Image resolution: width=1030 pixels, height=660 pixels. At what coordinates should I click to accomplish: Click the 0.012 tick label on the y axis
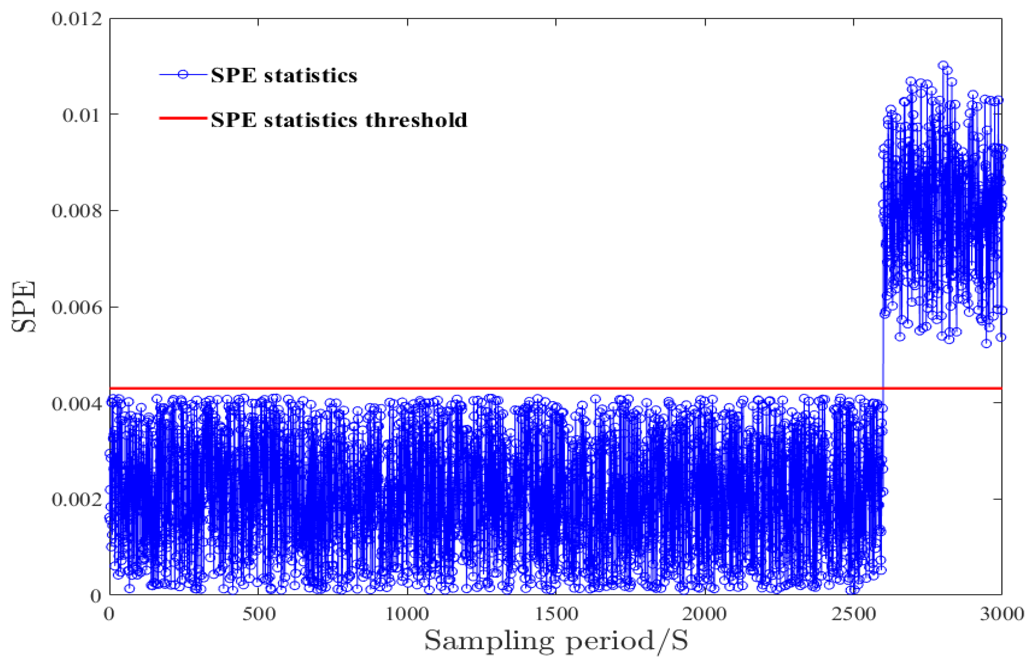77,20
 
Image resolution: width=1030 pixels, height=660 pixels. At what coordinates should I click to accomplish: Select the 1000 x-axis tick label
407,614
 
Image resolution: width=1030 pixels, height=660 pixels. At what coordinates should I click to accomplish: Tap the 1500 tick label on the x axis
556,614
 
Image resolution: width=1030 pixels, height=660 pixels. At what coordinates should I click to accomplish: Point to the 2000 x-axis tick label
704,614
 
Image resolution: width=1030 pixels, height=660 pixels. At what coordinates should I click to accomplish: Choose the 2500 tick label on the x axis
853,614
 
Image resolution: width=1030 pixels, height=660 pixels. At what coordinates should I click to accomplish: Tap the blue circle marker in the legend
183,74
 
